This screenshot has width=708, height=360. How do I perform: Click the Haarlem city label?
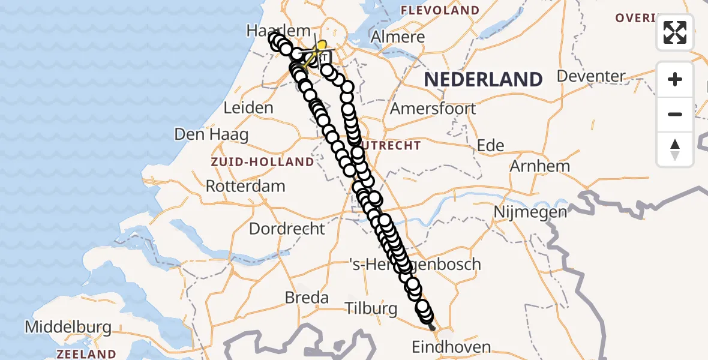pos(280,30)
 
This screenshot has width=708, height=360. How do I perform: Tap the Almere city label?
pos(398,37)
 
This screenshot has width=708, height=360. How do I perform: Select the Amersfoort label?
pos(433,109)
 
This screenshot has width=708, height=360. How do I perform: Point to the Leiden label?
pos(248,108)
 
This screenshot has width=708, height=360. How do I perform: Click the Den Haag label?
pos(211,134)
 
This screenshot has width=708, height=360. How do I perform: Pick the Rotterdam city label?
pos(245,186)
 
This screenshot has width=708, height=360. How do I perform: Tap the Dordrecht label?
pos(287,229)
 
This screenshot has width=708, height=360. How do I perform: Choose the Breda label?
pos(307,298)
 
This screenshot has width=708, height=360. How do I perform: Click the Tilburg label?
pos(371,308)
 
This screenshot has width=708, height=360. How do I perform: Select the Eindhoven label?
pos(451,347)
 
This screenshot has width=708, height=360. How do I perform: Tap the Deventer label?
pos(591,76)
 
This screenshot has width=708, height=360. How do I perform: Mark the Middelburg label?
pos(68,328)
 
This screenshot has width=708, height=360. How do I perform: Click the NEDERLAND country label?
pos(484,79)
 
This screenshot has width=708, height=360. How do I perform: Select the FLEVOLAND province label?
pos(440,10)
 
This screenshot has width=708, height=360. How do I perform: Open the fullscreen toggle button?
pos(675,32)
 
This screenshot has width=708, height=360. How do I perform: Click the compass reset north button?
pos(675,149)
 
